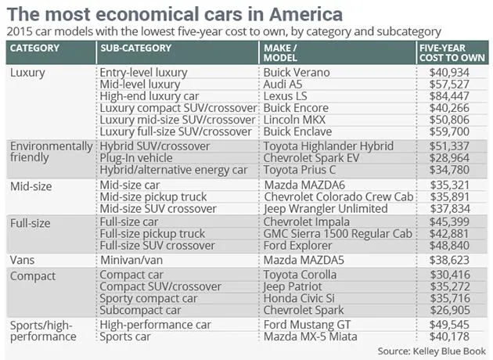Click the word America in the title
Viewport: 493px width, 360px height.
pyautogui.click(x=306, y=14)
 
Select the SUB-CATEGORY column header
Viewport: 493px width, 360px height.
pyautogui.click(x=136, y=48)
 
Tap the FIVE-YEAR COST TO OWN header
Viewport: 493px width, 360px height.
pyautogui.click(x=452, y=52)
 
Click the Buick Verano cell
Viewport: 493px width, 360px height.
pyautogui.click(x=297, y=73)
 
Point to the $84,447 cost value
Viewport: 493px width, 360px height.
pyautogui.click(x=449, y=96)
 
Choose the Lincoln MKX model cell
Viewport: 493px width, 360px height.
pyautogui.click(x=294, y=120)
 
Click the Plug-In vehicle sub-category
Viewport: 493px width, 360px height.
pyautogui.click(x=136, y=158)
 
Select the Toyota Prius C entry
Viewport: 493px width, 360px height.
pyautogui.click(x=299, y=170)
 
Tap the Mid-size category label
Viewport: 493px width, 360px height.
pyautogui.click(x=31, y=186)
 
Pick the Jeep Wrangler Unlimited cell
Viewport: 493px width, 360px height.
pyautogui.click(x=326, y=209)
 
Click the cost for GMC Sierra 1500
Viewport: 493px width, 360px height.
pyautogui.click(x=449, y=234)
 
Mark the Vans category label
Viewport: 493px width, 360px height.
pyautogui.click(x=22, y=261)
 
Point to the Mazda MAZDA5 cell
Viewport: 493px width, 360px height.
pyautogui.click(x=304, y=261)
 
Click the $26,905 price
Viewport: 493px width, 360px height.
pyautogui.click(x=450, y=311)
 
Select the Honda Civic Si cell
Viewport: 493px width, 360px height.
pyautogui.click(x=299, y=298)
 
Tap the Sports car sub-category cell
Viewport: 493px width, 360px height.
pyautogui.click(x=125, y=337)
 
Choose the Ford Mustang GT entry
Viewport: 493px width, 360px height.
pyautogui.click(x=307, y=325)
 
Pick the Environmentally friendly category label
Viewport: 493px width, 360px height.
pyautogui.click(x=51, y=152)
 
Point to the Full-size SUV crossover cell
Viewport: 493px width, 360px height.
pyautogui.click(x=157, y=246)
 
